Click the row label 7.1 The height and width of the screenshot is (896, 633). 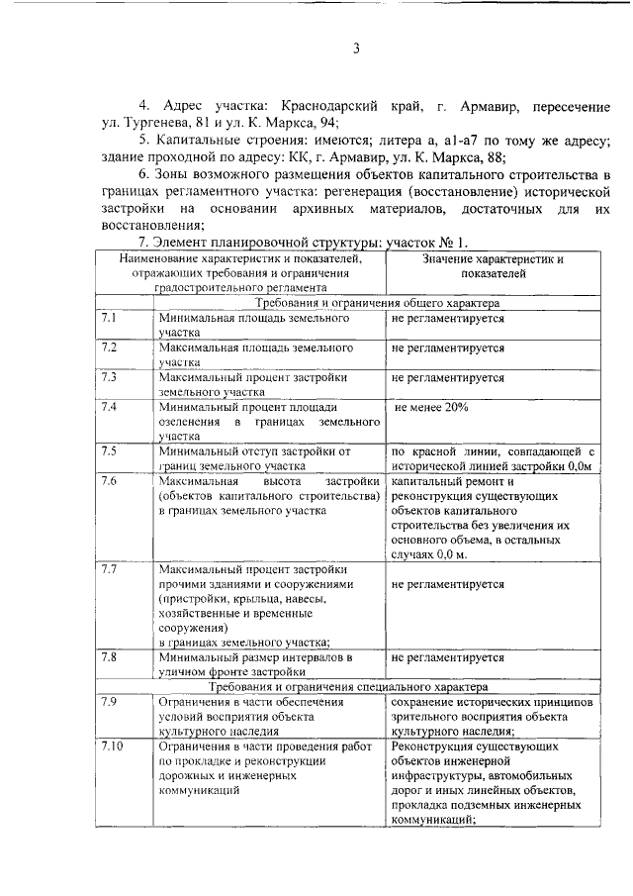[110, 320]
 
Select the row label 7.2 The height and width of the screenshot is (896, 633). [110, 348]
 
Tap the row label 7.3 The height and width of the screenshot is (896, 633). [110, 377]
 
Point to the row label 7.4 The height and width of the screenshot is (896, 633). [110, 407]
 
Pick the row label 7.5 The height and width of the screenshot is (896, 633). [110, 450]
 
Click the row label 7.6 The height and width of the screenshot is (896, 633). [110, 480]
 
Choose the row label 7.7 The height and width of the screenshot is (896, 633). [110, 569]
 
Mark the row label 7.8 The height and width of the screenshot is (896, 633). [110, 656]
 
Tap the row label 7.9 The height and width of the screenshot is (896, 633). [110, 701]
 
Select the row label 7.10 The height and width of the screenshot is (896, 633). [112, 745]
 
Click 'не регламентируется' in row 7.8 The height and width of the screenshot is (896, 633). [448, 656]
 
